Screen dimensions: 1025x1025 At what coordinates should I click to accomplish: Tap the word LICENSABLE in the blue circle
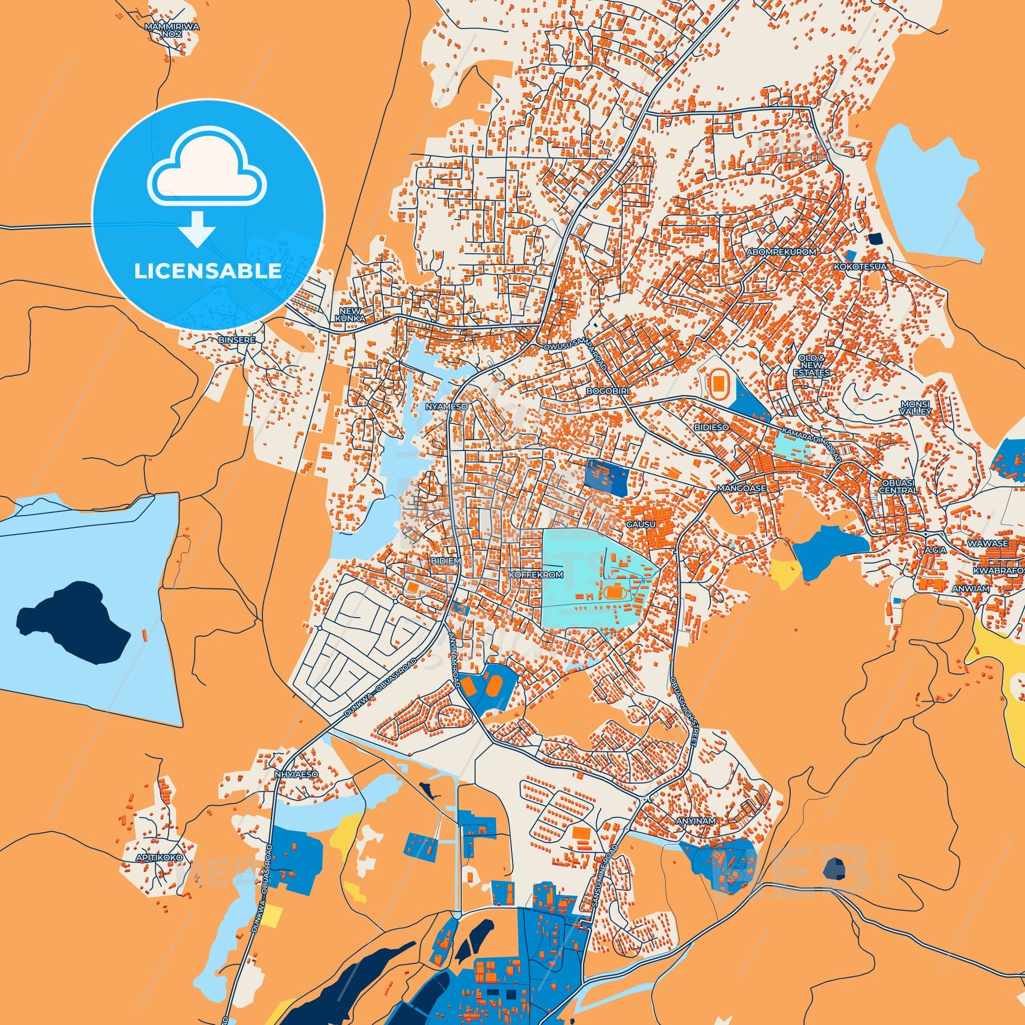point(208,271)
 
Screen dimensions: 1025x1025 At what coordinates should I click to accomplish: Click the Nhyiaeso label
point(297,774)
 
